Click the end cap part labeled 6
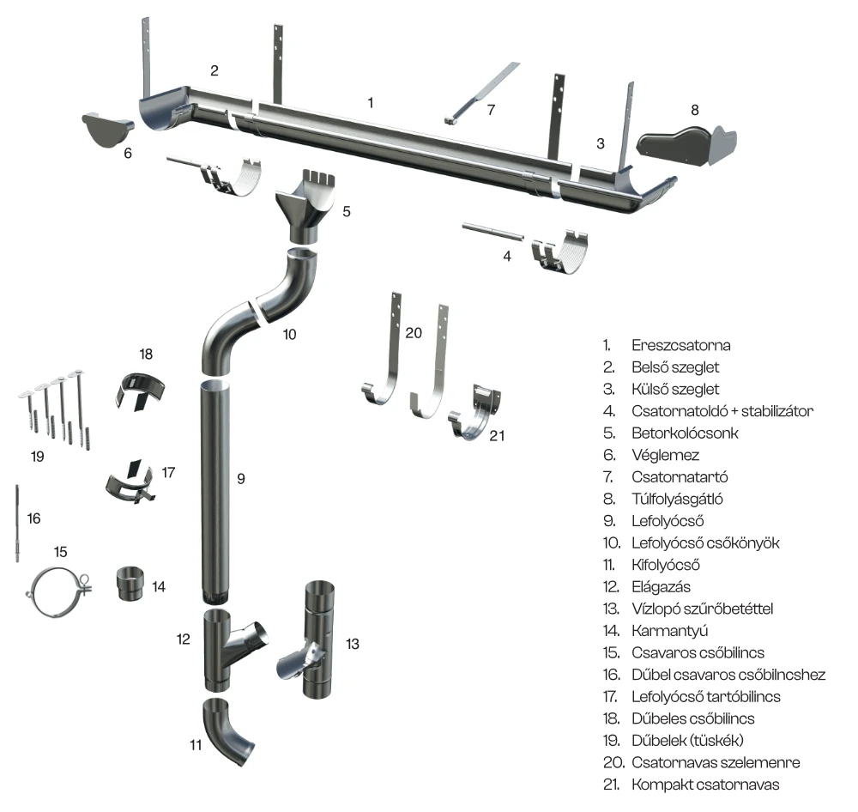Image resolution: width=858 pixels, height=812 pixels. pyautogui.click(x=106, y=130)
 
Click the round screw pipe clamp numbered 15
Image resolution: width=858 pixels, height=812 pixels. pyautogui.click(x=58, y=592)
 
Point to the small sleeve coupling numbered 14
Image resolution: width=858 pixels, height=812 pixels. pyautogui.click(x=130, y=585)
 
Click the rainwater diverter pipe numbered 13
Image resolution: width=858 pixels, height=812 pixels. pyautogui.click(x=310, y=639)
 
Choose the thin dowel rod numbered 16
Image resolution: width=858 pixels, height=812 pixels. pyautogui.click(x=17, y=524)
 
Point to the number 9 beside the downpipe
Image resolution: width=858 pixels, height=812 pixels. pyautogui.click(x=241, y=479)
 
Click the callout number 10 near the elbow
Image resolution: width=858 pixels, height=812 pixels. pyautogui.click(x=289, y=335)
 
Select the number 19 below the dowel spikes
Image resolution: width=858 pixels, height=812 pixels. pyautogui.click(x=37, y=457)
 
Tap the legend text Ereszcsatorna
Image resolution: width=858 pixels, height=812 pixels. pyautogui.click(x=680, y=346)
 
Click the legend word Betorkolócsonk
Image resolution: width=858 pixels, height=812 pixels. pyautogui.click(x=685, y=433)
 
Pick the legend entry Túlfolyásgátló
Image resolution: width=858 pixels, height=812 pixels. pyautogui.click(x=677, y=500)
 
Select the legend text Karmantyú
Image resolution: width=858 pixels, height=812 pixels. pyautogui.click(x=670, y=631)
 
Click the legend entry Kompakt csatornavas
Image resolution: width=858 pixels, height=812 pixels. pyautogui.click(x=705, y=785)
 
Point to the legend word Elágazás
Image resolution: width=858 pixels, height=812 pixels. pyautogui.click(x=661, y=587)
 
